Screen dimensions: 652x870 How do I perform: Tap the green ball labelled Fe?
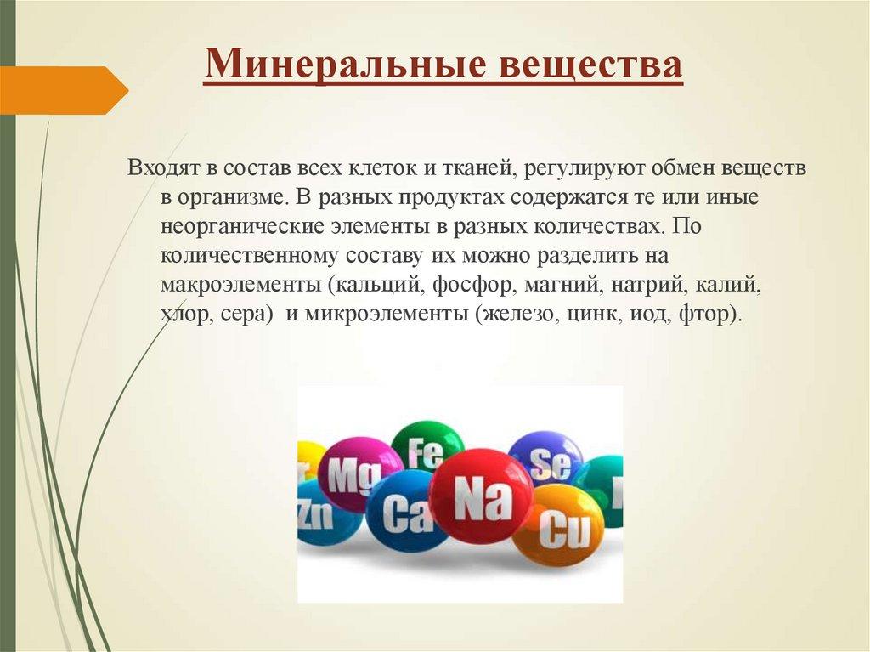pos(427,448)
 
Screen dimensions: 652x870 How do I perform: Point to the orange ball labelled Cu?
pos(558,527)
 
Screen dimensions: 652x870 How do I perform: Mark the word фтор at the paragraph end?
pos(708,314)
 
